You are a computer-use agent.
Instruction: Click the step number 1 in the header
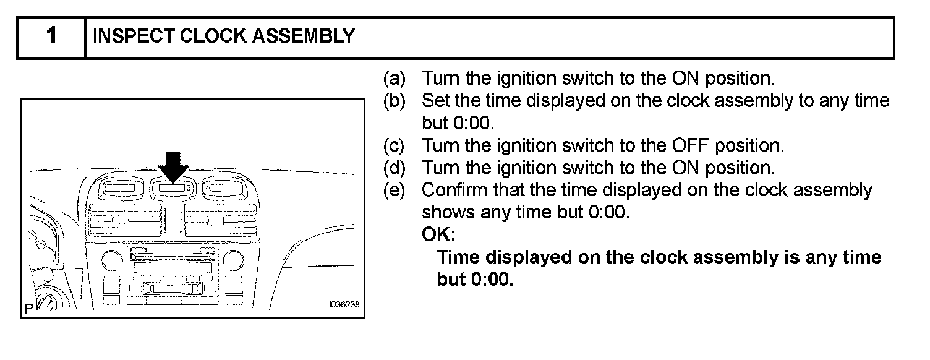click(51, 36)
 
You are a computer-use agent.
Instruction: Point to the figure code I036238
click(343, 305)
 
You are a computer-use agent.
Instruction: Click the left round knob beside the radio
click(112, 260)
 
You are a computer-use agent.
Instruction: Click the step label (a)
click(395, 79)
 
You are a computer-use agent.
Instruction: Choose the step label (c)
click(395, 145)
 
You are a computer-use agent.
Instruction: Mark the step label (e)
click(395, 190)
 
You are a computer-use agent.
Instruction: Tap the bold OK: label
click(438, 235)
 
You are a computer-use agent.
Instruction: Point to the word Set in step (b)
click(435, 101)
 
